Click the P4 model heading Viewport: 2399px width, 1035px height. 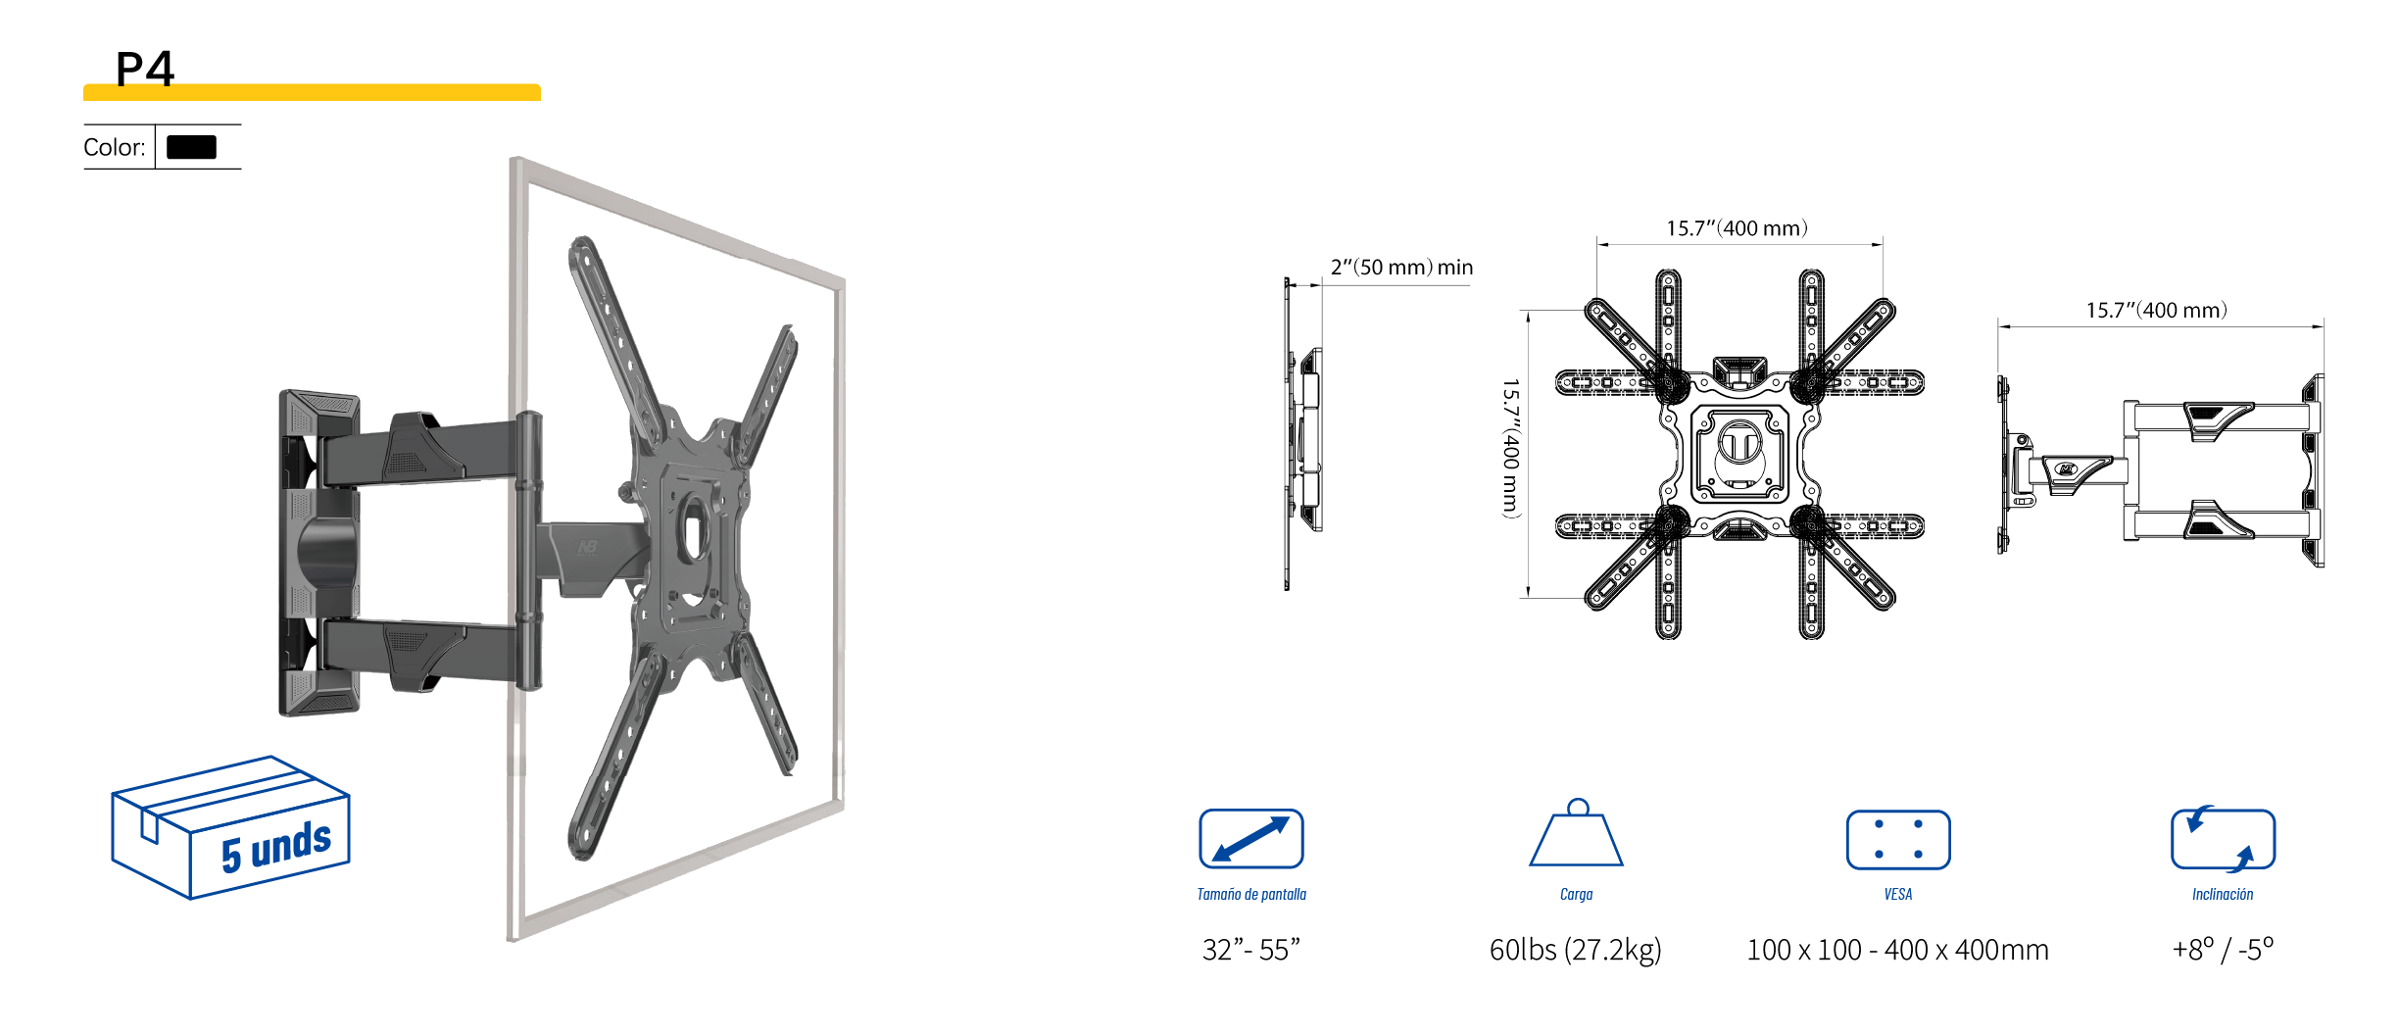coord(145,69)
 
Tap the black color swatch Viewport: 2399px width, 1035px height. coord(191,147)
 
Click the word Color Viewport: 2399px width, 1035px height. coord(114,148)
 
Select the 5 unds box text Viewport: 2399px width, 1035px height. coord(275,847)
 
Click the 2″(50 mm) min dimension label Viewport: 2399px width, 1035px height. coord(1401,268)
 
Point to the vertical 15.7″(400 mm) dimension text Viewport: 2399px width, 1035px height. coord(1511,448)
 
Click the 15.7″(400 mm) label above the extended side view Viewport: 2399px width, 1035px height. coord(2156,311)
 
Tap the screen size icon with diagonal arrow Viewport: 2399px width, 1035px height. coord(1250,839)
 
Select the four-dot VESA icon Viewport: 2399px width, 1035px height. coord(1897,840)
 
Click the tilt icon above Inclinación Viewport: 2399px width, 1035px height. coord(2223,839)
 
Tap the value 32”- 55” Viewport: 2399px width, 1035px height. coord(1250,950)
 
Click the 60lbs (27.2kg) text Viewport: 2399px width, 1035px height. coord(1575,950)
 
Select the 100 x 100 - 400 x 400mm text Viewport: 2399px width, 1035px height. coord(1897,950)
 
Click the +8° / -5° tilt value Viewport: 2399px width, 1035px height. coord(2223,950)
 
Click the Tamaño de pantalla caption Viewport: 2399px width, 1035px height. coord(1250,894)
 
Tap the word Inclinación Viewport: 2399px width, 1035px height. coord(2223,894)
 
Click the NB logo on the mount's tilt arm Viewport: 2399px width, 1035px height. coord(587,547)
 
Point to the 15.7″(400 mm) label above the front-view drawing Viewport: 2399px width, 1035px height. coord(1737,228)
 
